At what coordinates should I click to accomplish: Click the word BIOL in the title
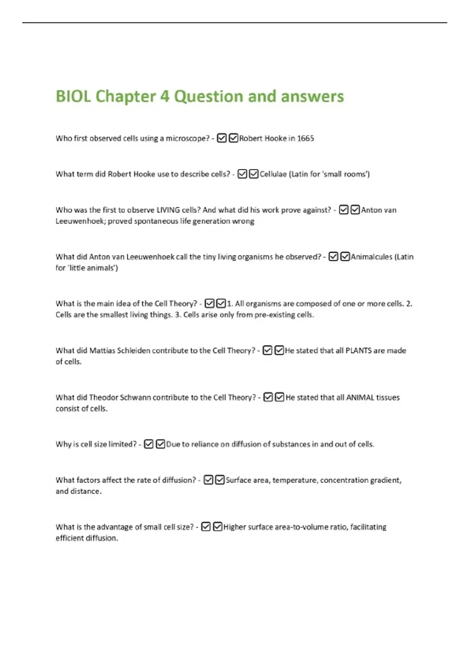pyautogui.click(x=73, y=97)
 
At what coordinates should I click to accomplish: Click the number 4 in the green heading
pyautogui.click(x=165, y=97)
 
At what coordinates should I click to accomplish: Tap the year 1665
pyautogui.click(x=305, y=138)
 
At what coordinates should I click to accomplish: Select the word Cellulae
pyautogui.click(x=273, y=174)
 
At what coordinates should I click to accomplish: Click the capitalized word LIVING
pyautogui.click(x=168, y=210)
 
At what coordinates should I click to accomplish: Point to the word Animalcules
pyautogui.click(x=371, y=257)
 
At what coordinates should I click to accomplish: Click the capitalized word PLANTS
pyautogui.click(x=358, y=350)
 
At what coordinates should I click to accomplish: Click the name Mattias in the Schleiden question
pyautogui.click(x=102, y=350)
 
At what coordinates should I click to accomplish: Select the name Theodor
pyautogui.click(x=103, y=397)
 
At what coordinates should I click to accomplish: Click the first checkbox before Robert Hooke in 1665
pyautogui.click(x=222, y=138)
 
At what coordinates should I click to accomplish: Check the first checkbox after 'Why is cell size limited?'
pyautogui.click(x=149, y=444)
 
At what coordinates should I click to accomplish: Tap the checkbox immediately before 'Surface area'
pyautogui.click(x=220, y=480)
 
